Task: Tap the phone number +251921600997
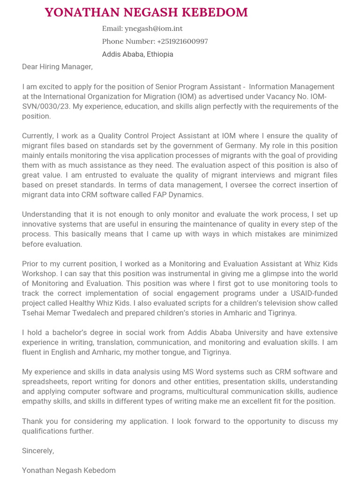[182, 41]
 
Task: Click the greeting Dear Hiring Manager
[57, 67]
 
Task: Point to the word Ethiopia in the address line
[160, 54]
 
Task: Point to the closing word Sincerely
[37, 451]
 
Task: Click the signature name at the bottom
[68, 470]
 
